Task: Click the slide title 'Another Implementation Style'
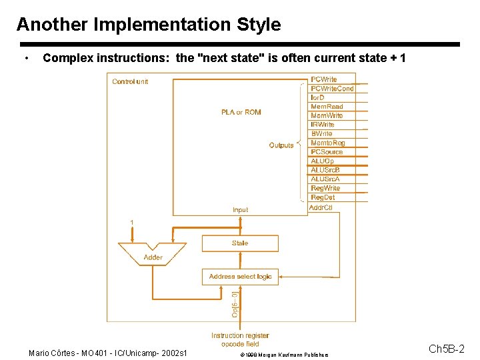(x=149, y=25)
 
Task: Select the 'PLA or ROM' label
(x=241, y=112)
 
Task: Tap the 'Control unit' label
(x=130, y=81)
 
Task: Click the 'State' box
(x=240, y=243)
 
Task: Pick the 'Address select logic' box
(x=240, y=277)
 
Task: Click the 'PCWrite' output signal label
(x=324, y=79)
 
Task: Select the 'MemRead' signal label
(x=327, y=107)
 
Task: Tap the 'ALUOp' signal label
(x=322, y=161)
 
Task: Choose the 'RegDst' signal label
(x=323, y=197)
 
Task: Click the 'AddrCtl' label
(x=321, y=208)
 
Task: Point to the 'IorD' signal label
(x=317, y=97)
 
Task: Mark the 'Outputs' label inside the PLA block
(x=281, y=145)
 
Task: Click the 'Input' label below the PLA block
(x=240, y=210)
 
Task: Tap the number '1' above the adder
(x=132, y=222)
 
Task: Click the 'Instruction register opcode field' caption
(x=240, y=339)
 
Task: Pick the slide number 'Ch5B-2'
(x=446, y=349)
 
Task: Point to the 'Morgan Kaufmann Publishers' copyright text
(x=290, y=355)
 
